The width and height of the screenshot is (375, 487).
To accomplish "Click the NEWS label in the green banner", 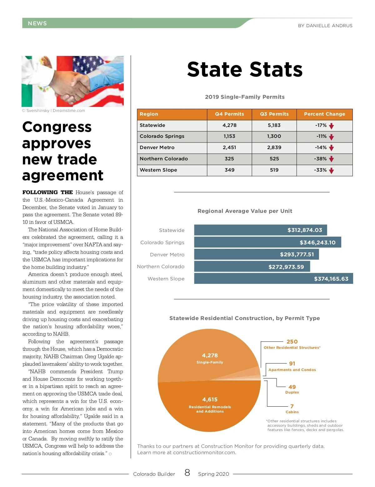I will point(37,23).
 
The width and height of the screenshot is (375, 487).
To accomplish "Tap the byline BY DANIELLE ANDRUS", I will point(325,26).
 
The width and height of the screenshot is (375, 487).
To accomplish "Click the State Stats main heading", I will point(245,69).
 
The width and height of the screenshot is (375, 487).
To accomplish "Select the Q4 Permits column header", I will point(229,114).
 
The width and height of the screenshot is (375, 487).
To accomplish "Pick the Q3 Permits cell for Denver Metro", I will point(274,148).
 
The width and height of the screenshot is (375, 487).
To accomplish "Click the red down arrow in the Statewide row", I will point(332,126).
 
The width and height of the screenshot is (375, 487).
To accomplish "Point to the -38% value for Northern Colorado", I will point(320,159).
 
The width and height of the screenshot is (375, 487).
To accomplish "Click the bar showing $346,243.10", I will point(267,242).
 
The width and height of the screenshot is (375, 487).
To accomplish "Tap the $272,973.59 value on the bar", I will point(286,267).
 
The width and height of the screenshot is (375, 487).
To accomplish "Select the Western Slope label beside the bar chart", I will point(166,279).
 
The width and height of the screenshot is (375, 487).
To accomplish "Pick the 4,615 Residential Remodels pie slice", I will point(210,403).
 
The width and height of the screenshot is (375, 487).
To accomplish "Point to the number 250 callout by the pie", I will point(292,342).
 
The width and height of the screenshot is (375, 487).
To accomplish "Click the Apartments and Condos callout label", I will point(292,370).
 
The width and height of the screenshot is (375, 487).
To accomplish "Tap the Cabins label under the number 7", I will point(292,412).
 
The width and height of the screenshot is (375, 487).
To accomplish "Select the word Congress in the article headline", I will point(57,127).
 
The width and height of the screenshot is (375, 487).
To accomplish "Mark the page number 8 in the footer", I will point(187,473).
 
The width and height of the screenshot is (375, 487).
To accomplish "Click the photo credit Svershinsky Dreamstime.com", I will point(53,111).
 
